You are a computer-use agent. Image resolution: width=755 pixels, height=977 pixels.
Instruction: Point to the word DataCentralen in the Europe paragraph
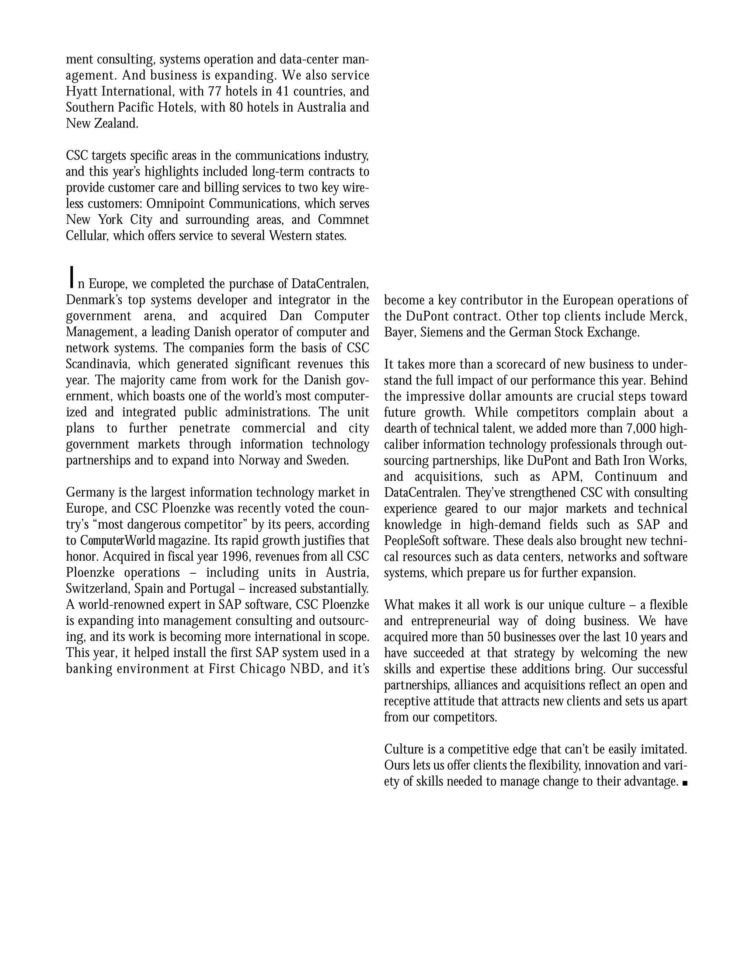click(330, 284)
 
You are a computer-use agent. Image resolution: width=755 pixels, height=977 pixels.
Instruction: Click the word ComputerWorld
click(118, 541)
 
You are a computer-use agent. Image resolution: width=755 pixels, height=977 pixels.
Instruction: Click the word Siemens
click(441, 333)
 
